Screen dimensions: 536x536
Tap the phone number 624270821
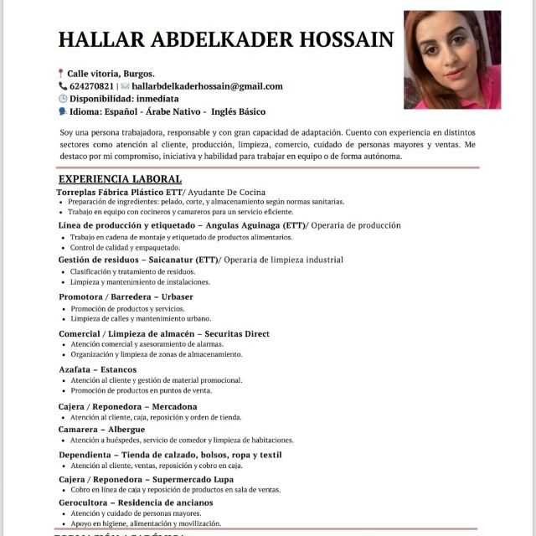click(91, 86)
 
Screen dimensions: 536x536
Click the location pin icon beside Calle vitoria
click(60, 74)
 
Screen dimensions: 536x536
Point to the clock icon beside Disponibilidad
click(61, 99)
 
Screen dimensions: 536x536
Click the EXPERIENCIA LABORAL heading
click(120, 179)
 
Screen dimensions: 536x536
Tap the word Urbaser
click(176, 296)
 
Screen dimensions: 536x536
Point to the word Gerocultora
click(88, 502)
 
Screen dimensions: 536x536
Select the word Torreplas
click(78, 192)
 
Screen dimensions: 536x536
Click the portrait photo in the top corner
click(452, 59)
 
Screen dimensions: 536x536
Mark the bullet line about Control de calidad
click(125, 248)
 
